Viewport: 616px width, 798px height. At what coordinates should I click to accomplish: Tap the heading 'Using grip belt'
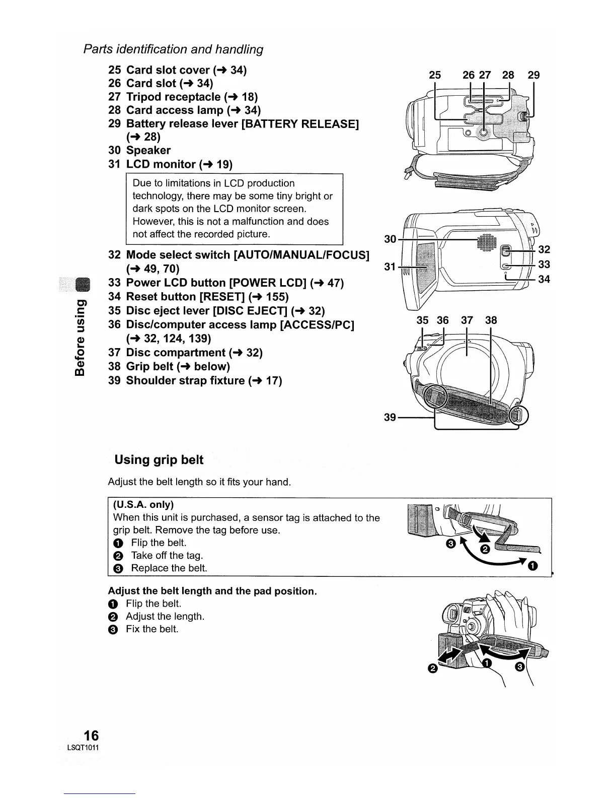coord(159,459)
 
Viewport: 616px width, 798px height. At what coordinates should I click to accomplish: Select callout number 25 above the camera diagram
coord(434,75)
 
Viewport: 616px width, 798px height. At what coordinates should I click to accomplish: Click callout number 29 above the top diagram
coord(533,75)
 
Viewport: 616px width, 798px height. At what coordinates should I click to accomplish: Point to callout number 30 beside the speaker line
coord(390,239)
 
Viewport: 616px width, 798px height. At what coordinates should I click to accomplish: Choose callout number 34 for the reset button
coord(544,279)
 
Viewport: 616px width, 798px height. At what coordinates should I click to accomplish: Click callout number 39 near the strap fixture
coord(390,418)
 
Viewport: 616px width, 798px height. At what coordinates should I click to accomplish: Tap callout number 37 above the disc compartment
coord(467,320)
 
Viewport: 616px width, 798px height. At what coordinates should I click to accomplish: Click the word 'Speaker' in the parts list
coord(148,150)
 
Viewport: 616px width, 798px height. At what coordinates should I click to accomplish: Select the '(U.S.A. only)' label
coord(143,505)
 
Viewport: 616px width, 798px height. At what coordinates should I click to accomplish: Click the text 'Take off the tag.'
coord(167,555)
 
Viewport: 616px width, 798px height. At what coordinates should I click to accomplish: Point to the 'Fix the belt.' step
coord(152,629)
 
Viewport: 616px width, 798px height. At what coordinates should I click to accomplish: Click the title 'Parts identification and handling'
coord(173,49)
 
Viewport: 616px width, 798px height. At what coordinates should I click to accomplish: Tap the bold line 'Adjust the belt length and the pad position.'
coord(212,590)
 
